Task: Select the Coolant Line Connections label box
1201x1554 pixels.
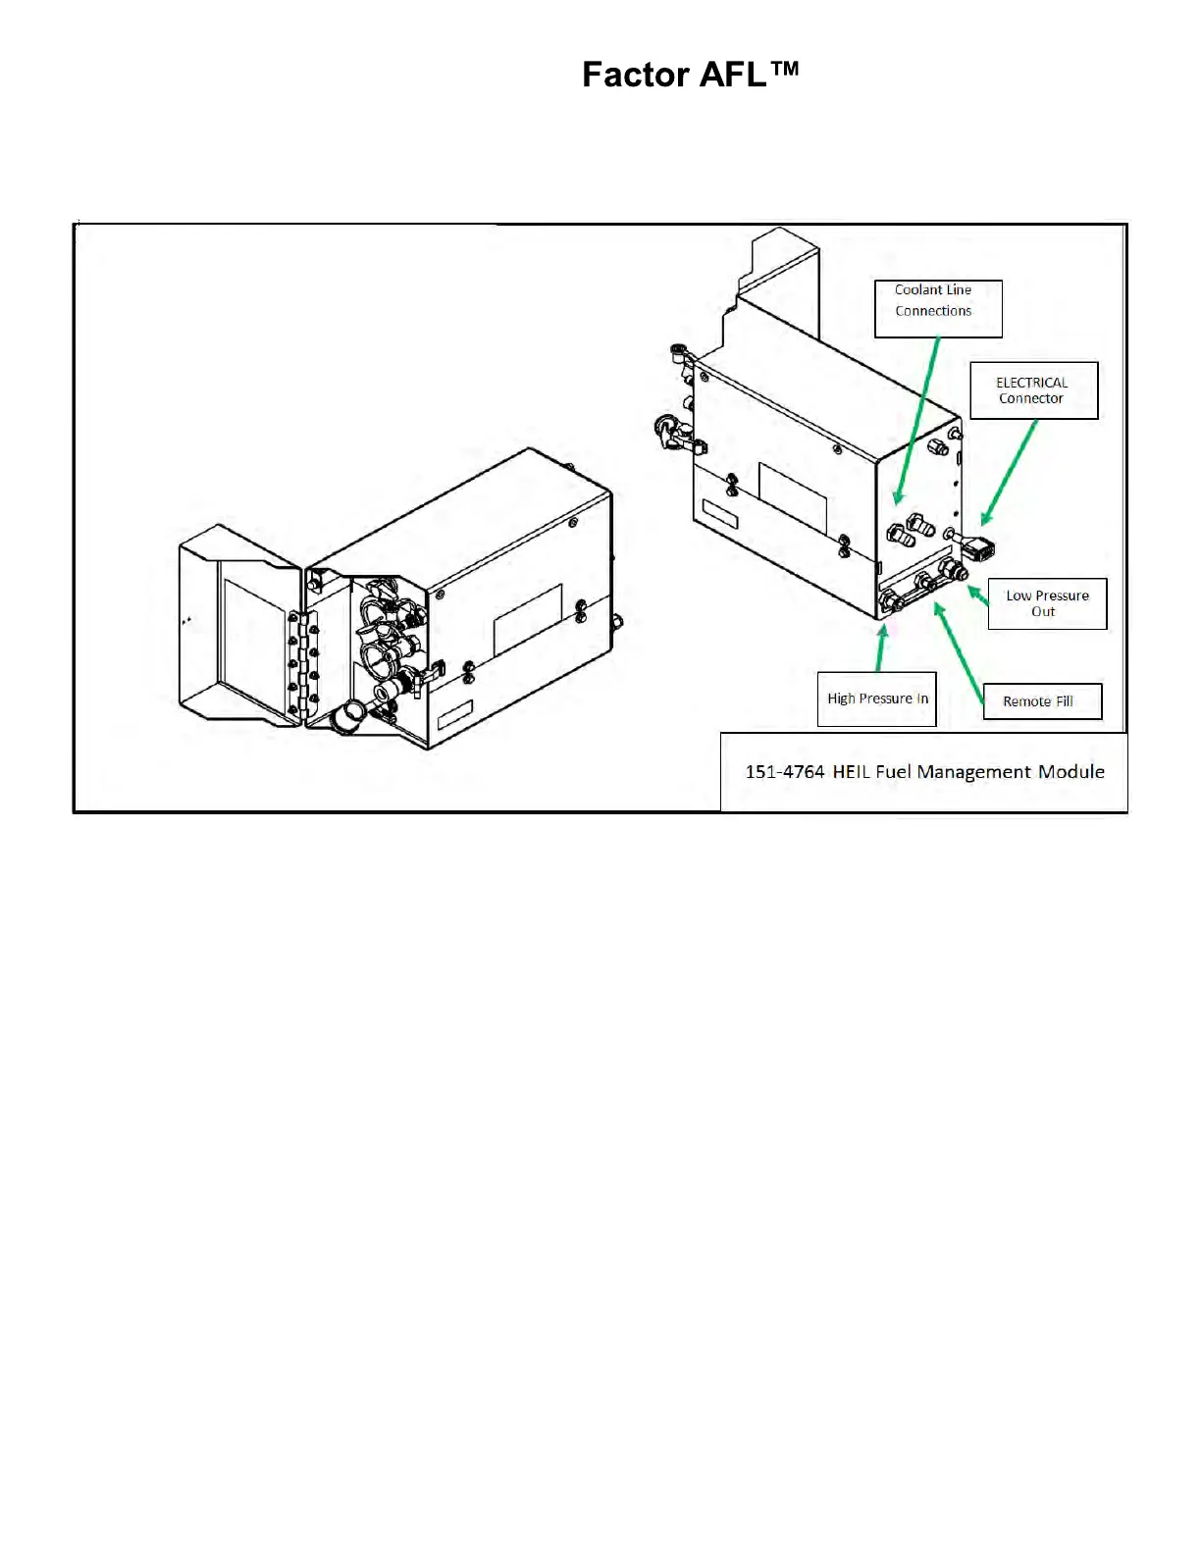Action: pos(938,308)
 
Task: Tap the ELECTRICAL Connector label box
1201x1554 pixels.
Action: pos(1033,390)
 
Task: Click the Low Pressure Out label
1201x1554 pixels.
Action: pos(1047,603)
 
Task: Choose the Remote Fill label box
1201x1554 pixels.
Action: pos(1042,701)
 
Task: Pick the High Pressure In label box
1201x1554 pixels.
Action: pos(876,699)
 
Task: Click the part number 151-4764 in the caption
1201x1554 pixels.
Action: pos(784,772)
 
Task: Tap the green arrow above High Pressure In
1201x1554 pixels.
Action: pos(881,648)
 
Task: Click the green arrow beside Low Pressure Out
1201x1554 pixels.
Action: pos(977,595)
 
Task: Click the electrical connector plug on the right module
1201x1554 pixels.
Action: pos(979,546)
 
